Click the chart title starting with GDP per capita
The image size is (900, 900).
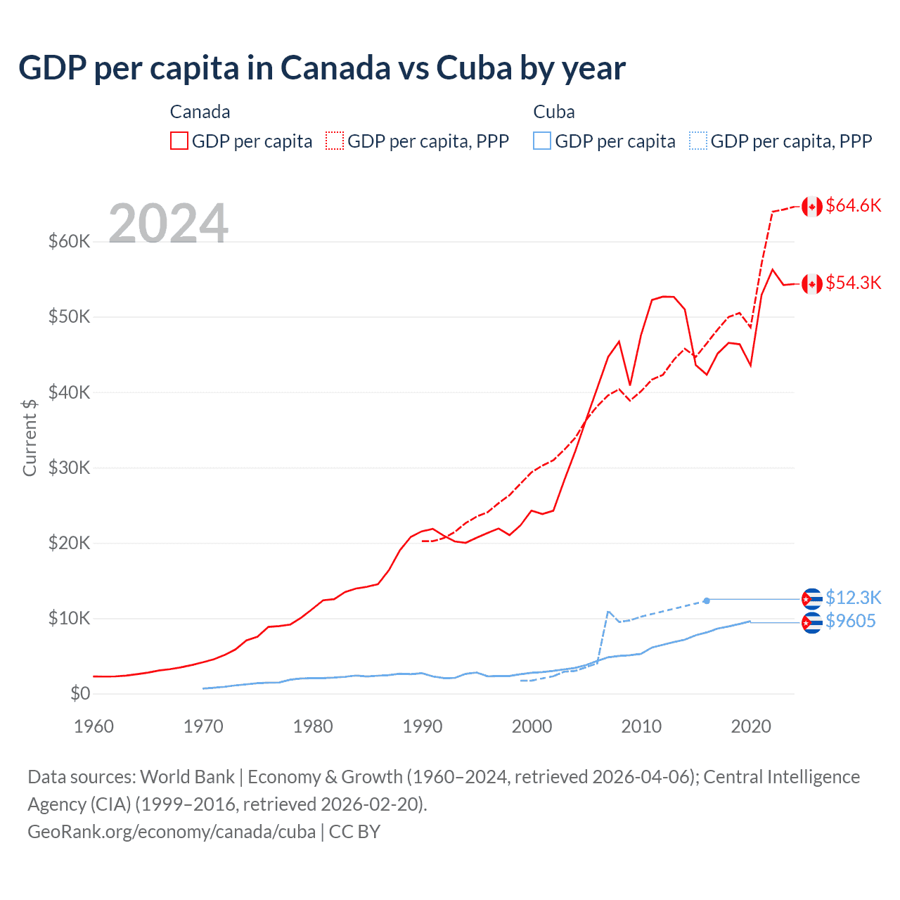(x=321, y=68)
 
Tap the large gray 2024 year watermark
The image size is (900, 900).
(x=168, y=224)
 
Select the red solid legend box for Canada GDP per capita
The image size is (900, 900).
(x=179, y=141)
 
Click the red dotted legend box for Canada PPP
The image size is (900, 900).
(x=335, y=141)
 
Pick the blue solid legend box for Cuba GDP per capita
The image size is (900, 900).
(x=542, y=141)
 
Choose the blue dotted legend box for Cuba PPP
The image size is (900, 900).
(x=698, y=141)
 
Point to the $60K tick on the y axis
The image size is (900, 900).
(x=69, y=241)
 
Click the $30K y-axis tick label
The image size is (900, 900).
(x=69, y=468)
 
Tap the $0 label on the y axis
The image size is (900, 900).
(x=80, y=693)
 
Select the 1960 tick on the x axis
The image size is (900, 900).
(x=94, y=726)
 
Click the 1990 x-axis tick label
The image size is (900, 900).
(x=423, y=726)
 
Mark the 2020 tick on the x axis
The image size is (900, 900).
(x=751, y=726)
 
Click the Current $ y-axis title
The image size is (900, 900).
(x=30, y=437)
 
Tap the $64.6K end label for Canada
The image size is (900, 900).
(x=853, y=205)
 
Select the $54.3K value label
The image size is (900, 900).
(x=853, y=283)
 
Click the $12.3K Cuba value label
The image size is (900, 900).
(x=853, y=598)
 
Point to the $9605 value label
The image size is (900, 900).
(x=850, y=621)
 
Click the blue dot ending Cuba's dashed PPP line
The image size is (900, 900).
(x=707, y=600)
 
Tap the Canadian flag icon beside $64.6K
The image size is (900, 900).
(x=812, y=207)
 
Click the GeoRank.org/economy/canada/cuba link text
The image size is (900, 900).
(x=172, y=832)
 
